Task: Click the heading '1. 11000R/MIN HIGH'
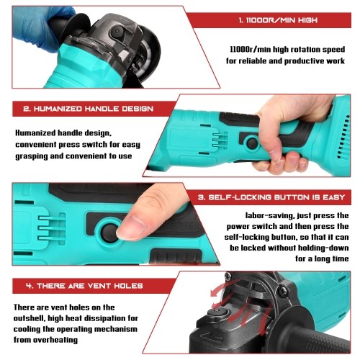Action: point(278,20)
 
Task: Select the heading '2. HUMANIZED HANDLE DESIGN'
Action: point(89,109)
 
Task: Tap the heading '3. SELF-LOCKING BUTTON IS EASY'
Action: point(271,197)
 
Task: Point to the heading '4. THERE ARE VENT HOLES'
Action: point(84,286)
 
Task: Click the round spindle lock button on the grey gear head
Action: point(117,32)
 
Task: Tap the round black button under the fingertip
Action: point(109,233)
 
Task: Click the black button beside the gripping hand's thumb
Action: point(252,143)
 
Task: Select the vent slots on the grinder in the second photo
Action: point(343,137)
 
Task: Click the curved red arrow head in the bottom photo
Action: point(215,293)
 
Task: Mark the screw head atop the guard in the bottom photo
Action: point(228,276)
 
